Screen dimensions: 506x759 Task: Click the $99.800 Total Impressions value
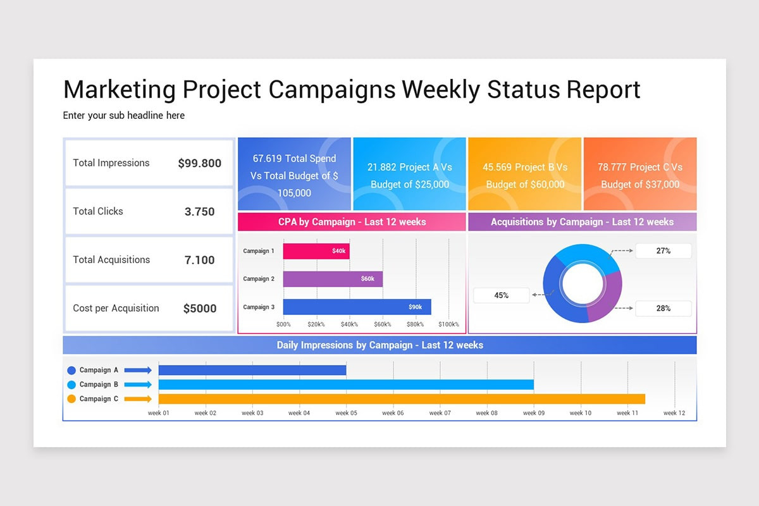tap(199, 163)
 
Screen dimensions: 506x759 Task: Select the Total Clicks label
tap(98, 211)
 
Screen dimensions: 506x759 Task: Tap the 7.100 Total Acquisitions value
tap(199, 260)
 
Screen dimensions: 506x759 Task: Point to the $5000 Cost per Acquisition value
tap(199, 309)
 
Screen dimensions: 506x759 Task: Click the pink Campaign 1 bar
tap(316, 251)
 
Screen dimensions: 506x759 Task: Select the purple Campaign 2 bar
tap(333, 279)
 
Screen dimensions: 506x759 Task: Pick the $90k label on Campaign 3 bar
tap(415, 307)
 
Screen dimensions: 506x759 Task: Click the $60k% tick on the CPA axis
tap(383, 324)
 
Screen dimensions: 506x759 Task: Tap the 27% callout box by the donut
tap(663, 251)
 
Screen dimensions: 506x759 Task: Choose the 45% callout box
tap(501, 295)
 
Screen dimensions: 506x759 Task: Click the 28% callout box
tap(663, 309)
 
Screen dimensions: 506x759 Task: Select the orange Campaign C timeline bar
tap(402, 398)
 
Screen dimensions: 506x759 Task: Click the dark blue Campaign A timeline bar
tap(252, 370)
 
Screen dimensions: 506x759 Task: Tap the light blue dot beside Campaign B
tap(71, 385)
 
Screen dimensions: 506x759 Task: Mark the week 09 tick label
tap(533, 413)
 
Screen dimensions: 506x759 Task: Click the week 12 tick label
tap(674, 413)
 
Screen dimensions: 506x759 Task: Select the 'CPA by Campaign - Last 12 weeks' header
tap(352, 222)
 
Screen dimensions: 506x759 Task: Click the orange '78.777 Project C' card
tap(639, 174)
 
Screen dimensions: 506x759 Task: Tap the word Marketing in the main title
tap(120, 89)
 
